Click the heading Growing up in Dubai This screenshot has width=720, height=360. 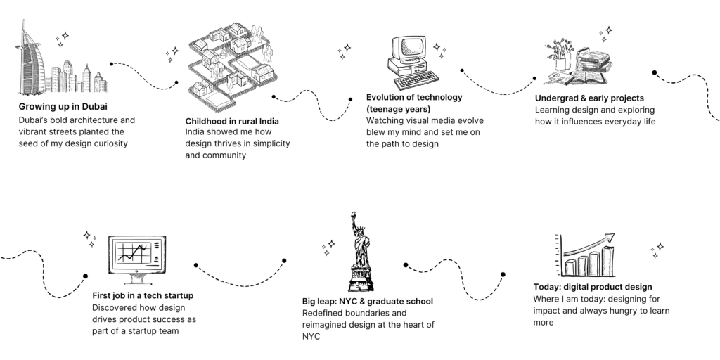(x=63, y=107)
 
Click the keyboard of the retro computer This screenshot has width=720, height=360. (x=416, y=81)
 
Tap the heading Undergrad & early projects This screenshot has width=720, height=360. (x=589, y=98)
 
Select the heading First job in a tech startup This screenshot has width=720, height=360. (x=143, y=295)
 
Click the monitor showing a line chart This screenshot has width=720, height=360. (x=136, y=255)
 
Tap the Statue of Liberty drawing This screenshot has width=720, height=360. (x=360, y=246)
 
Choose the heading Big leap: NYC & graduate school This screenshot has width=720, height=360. (x=368, y=301)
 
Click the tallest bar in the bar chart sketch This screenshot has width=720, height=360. (x=607, y=260)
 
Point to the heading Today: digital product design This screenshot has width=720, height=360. (x=593, y=287)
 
